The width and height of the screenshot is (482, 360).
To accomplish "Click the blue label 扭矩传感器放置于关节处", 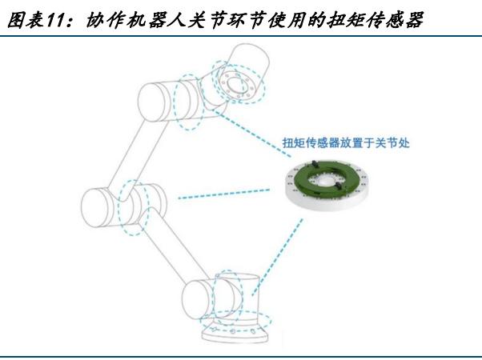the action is coord(346,143).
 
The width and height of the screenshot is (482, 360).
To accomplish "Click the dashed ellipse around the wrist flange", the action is coord(239,82).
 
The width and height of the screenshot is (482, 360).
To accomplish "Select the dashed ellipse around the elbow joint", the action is coord(135,208).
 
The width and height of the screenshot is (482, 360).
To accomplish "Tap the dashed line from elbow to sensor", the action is coord(224,194).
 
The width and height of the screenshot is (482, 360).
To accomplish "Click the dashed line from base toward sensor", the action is coord(277,258).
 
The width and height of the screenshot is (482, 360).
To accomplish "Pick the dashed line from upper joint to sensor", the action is coord(253,134).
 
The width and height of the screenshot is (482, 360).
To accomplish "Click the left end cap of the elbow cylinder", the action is coord(95,208).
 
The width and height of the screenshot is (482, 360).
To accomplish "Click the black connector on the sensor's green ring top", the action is coord(314,164).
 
